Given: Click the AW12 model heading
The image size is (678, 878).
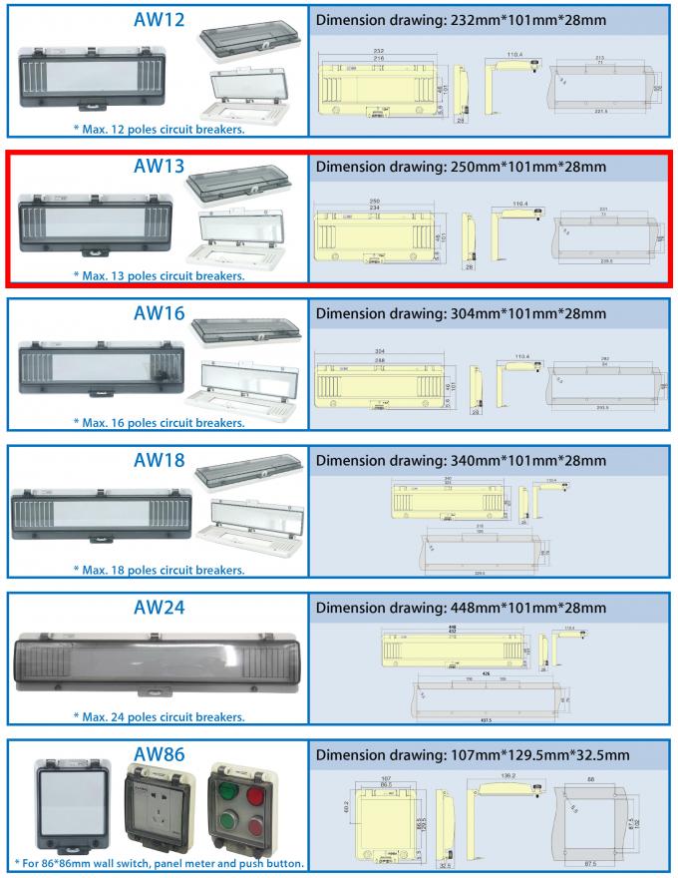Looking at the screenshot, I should tap(159, 21).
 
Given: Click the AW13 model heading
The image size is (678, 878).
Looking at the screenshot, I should tap(159, 167).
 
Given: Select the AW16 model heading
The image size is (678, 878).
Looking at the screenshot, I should tap(159, 313).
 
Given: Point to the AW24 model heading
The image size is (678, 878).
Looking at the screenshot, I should tap(159, 607).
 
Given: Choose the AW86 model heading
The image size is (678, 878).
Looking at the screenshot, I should tap(159, 753).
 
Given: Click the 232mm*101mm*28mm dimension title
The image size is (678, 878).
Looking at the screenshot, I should tap(460, 21).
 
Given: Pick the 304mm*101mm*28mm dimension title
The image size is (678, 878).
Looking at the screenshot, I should tap(460, 313).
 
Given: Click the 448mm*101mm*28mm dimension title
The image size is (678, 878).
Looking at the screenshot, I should tap(460, 607).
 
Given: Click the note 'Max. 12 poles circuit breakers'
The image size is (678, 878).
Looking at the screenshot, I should tap(159, 129).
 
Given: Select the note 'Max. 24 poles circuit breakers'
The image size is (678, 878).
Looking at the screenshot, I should tap(159, 715).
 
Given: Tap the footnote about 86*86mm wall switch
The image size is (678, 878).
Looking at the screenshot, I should tap(159, 862).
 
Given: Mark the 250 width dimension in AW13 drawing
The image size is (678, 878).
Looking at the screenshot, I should tap(374, 201).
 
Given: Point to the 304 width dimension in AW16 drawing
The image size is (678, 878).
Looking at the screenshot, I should tap(380, 351).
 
